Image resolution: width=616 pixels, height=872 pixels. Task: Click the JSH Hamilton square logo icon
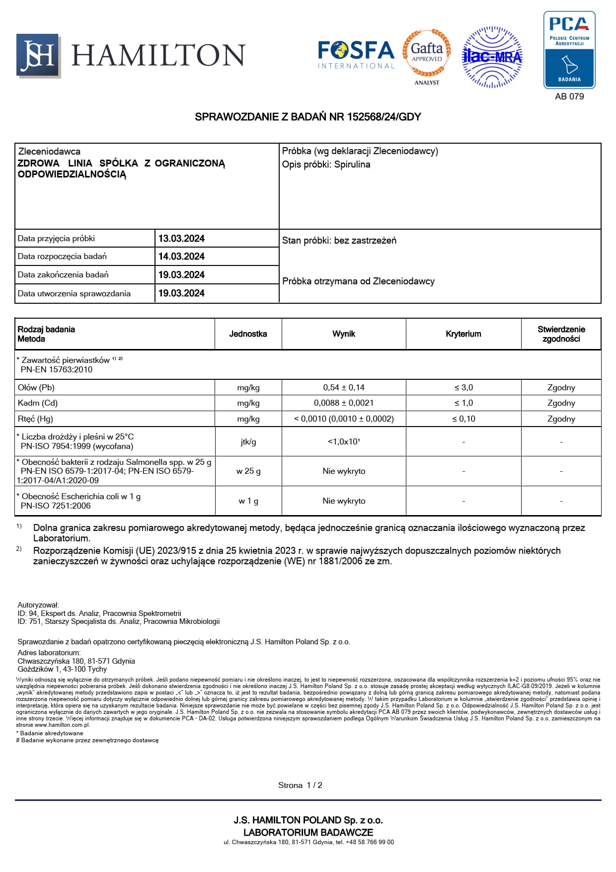click(38, 55)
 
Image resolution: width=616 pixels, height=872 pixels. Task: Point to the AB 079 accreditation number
click(569, 96)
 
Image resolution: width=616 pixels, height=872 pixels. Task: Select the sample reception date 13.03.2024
click(181, 239)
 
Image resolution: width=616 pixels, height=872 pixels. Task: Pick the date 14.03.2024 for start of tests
click(181, 257)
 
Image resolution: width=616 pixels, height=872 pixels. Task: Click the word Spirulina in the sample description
click(352, 165)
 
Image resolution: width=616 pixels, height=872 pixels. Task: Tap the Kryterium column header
click(463, 334)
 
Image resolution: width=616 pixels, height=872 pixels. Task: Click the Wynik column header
click(344, 334)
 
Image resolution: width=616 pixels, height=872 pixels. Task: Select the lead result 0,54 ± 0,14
click(344, 388)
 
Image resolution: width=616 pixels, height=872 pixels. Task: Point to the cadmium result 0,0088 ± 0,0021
click(344, 403)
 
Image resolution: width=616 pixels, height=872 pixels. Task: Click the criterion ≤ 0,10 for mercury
click(463, 419)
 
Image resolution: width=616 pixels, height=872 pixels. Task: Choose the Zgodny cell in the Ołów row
click(561, 388)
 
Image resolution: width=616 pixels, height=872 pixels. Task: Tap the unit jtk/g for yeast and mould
click(248, 442)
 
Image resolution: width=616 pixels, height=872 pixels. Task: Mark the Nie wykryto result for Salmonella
click(344, 471)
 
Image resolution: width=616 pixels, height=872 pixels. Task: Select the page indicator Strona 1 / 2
click(300, 785)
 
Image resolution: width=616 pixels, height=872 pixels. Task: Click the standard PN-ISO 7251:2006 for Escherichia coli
click(56, 506)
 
